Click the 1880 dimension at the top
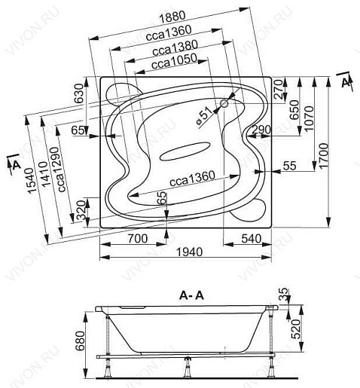coord(172,17)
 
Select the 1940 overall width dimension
coord(190,252)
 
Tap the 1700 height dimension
coord(324,155)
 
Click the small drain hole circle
coord(224,103)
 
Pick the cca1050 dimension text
coord(174,61)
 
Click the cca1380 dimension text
coord(175,48)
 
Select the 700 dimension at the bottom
coord(138,238)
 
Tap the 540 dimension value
coord(252,238)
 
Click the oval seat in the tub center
coord(185,151)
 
